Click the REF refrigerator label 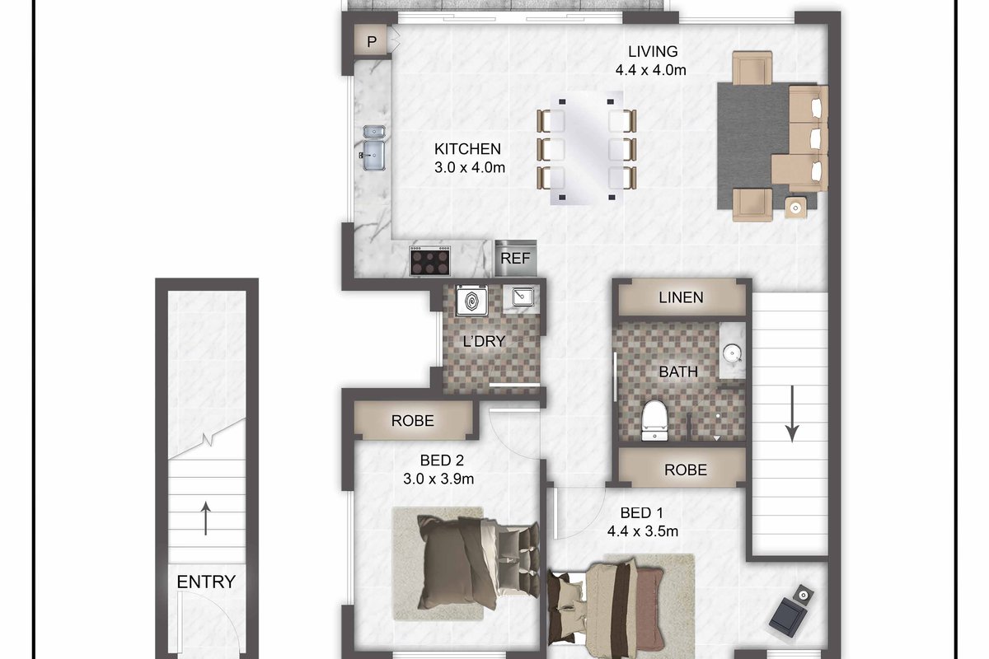click(515, 258)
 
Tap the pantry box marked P click(371, 40)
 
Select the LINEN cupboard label click(681, 297)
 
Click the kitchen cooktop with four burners click(429, 261)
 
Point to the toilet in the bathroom click(654, 420)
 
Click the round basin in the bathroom click(732, 353)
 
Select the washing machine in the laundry click(472, 301)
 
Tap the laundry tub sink click(523, 297)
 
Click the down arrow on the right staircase click(792, 414)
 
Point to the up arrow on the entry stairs click(206, 518)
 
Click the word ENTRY click(206, 582)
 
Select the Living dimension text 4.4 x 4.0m click(651, 70)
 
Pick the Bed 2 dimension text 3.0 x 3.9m click(438, 479)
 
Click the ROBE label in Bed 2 click(412, 421)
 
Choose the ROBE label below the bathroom click(685, 470)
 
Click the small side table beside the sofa click(795, 208)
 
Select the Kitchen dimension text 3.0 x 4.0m click(470, 168)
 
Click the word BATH click(678, 372)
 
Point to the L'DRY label click(484, 341)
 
